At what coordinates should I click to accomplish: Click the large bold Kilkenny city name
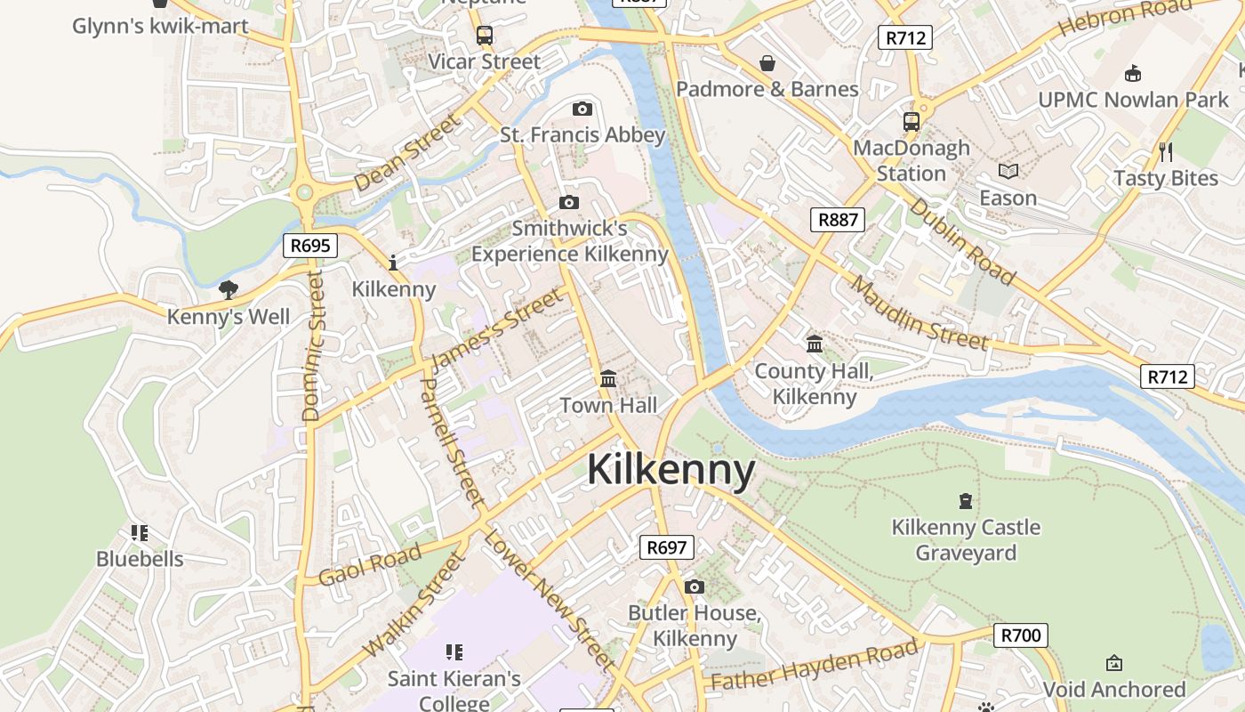click(x=671, y=470)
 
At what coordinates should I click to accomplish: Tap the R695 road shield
click(x=310, y=245)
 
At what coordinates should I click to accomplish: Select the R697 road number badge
click(x=666, y=547)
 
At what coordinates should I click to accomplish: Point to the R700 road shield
click(x=1020, y=635)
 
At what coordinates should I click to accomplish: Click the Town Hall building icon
click(x=608, y=379)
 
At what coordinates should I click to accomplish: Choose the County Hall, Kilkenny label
click(x=814, y=384)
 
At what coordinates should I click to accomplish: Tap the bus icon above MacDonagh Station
click(x=912, y=121)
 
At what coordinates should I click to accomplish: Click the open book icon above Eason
click(x=1008, y=171)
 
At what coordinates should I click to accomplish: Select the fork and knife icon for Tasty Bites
click(x=1166, y=151)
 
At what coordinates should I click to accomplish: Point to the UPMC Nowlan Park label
click(x=1133, y=100)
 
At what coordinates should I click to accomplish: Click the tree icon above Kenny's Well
click(x=229, y=289)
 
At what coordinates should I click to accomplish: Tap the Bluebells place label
click(x=140, y=559)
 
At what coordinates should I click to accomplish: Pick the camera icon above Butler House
click(x=695, y=587)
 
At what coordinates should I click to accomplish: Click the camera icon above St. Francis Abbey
click(x=582, y=109)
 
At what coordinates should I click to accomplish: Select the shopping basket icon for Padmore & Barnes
click(x=767, y=63)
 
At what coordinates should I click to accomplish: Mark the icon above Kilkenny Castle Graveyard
click(x=966, y=501)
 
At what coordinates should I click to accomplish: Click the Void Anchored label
click(x=1113, y=689)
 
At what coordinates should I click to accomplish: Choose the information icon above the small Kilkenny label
click(x=393, y=263)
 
